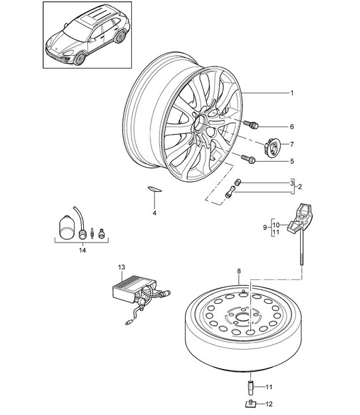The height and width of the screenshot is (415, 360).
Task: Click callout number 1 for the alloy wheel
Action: coord(292,93)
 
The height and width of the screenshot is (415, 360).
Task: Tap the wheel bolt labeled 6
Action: coord(251,125)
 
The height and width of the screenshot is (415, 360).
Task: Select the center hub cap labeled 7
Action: coord(271,148)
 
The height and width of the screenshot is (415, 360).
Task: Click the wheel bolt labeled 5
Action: coord(248,159)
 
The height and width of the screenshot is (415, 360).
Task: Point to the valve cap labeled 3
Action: coord(238,183)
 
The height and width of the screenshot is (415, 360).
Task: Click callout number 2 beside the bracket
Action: coord(299,187)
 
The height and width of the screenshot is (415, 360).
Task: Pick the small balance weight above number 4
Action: coord(154,189)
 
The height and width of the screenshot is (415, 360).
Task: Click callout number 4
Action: coord(154,213)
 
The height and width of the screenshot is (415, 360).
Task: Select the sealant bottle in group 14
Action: coord(67,227)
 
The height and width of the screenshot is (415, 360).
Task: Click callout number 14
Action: coord(83,250)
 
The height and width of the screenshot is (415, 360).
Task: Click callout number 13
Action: coord(121,268)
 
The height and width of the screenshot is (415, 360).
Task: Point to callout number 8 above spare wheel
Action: coord(239,271)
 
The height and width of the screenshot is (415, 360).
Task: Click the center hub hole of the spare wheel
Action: coord(243,317)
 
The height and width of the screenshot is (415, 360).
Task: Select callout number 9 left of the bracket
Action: coord(265,227)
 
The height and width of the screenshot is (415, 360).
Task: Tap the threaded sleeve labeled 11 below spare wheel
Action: coord(250,388)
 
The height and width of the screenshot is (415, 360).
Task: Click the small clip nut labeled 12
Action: coord(250,404)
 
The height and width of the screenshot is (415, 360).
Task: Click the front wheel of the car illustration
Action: coord(80,59)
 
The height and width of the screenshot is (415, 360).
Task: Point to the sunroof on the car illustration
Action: coord(85,20)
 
